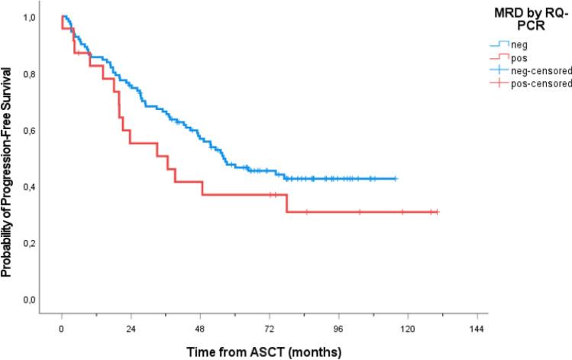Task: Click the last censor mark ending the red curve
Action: pos(437,212)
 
